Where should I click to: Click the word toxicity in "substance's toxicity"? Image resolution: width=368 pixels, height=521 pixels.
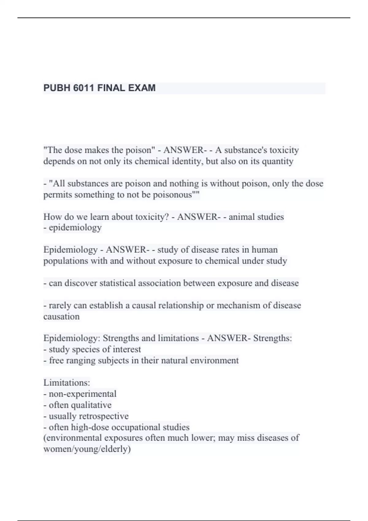(x=284, y=150)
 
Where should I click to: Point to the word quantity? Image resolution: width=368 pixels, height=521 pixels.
(x=278, y=161)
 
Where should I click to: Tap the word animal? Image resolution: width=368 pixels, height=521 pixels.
(x=242, y=217)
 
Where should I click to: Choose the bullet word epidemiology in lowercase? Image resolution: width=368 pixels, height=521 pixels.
(x=75, y=228)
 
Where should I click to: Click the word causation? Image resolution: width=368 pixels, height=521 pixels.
(x=61, y=317)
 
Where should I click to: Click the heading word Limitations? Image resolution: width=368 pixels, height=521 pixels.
(x=67, y=383)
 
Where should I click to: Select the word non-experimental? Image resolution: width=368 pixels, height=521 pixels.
(x=82, y=394)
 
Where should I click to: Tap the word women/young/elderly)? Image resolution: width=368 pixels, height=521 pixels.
(x=87, y=449)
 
